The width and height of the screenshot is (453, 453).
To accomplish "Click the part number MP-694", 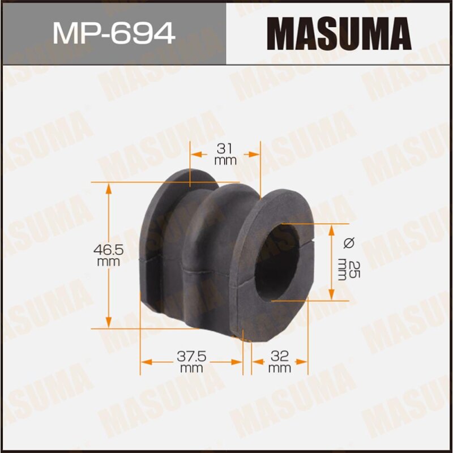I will click(113, 33).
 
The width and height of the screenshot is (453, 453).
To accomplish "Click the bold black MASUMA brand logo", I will click(339, 33).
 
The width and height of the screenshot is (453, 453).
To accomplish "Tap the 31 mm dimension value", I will click(225, 153).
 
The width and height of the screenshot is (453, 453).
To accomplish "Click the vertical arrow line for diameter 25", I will click(332, 262).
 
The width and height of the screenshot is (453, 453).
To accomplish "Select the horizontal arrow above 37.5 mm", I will click(191, 361).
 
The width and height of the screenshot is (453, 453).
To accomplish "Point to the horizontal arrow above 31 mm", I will click(225, 153).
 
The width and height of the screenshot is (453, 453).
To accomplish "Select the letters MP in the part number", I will click(71, 33).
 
